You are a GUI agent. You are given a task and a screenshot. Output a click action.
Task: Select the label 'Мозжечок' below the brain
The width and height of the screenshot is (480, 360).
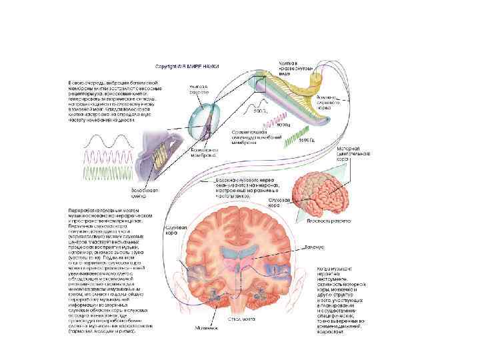(204, 327)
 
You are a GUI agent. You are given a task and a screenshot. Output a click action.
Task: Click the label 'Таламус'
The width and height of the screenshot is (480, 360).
(315, 247)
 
